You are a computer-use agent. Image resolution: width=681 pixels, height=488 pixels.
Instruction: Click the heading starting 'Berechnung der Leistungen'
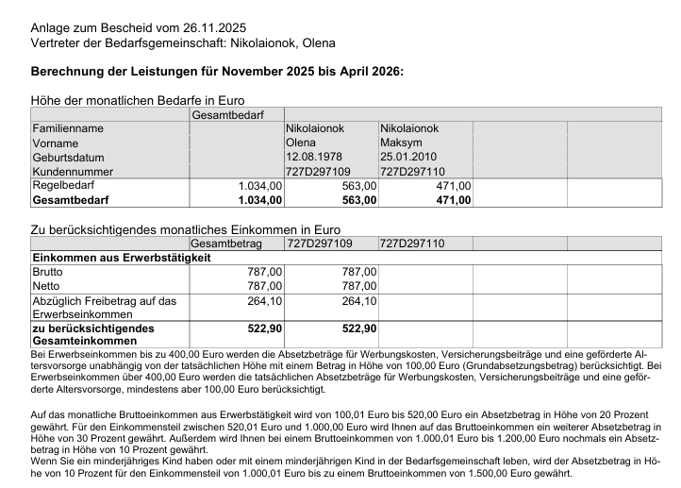217,72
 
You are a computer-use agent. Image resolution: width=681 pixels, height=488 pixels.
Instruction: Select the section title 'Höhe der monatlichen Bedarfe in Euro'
138,100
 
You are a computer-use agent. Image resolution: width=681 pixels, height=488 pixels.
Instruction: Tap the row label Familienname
68,128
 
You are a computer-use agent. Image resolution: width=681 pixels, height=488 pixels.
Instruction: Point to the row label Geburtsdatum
69,158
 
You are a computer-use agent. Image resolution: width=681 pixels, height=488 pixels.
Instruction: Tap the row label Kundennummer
72,172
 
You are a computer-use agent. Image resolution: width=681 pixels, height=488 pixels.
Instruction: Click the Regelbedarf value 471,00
453,186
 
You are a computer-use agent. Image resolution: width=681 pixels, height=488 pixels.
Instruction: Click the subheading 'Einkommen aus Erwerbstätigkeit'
122,258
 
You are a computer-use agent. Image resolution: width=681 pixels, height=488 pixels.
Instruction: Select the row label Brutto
48,272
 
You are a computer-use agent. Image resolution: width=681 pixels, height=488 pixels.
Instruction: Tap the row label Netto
46,286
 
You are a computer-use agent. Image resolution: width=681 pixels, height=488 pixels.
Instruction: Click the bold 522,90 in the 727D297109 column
357,328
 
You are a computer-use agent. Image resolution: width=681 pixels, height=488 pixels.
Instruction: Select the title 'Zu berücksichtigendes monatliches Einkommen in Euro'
186,229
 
